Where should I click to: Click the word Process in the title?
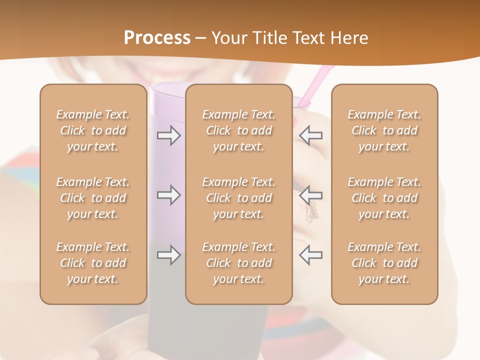pos(157,38)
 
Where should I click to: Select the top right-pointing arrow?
pos(169,135)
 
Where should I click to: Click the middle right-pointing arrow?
pos(169,195)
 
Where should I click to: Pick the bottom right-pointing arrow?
pos(169,255)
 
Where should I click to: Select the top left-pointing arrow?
pos(311,135)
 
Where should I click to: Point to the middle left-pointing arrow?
pos(311,195)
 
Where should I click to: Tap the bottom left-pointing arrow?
pos(311,255)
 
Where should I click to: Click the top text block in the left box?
pos(93,130)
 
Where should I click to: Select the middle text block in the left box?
pos(93,198)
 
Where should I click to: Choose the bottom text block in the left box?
pos(93,263)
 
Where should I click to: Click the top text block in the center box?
pos(239,130)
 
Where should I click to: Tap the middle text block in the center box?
pos(239,198)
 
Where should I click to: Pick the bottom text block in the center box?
pos(239,263)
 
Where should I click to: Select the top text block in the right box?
pos(384,130)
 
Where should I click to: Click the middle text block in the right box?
pos(384,198)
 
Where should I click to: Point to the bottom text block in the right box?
pos(384,263)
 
